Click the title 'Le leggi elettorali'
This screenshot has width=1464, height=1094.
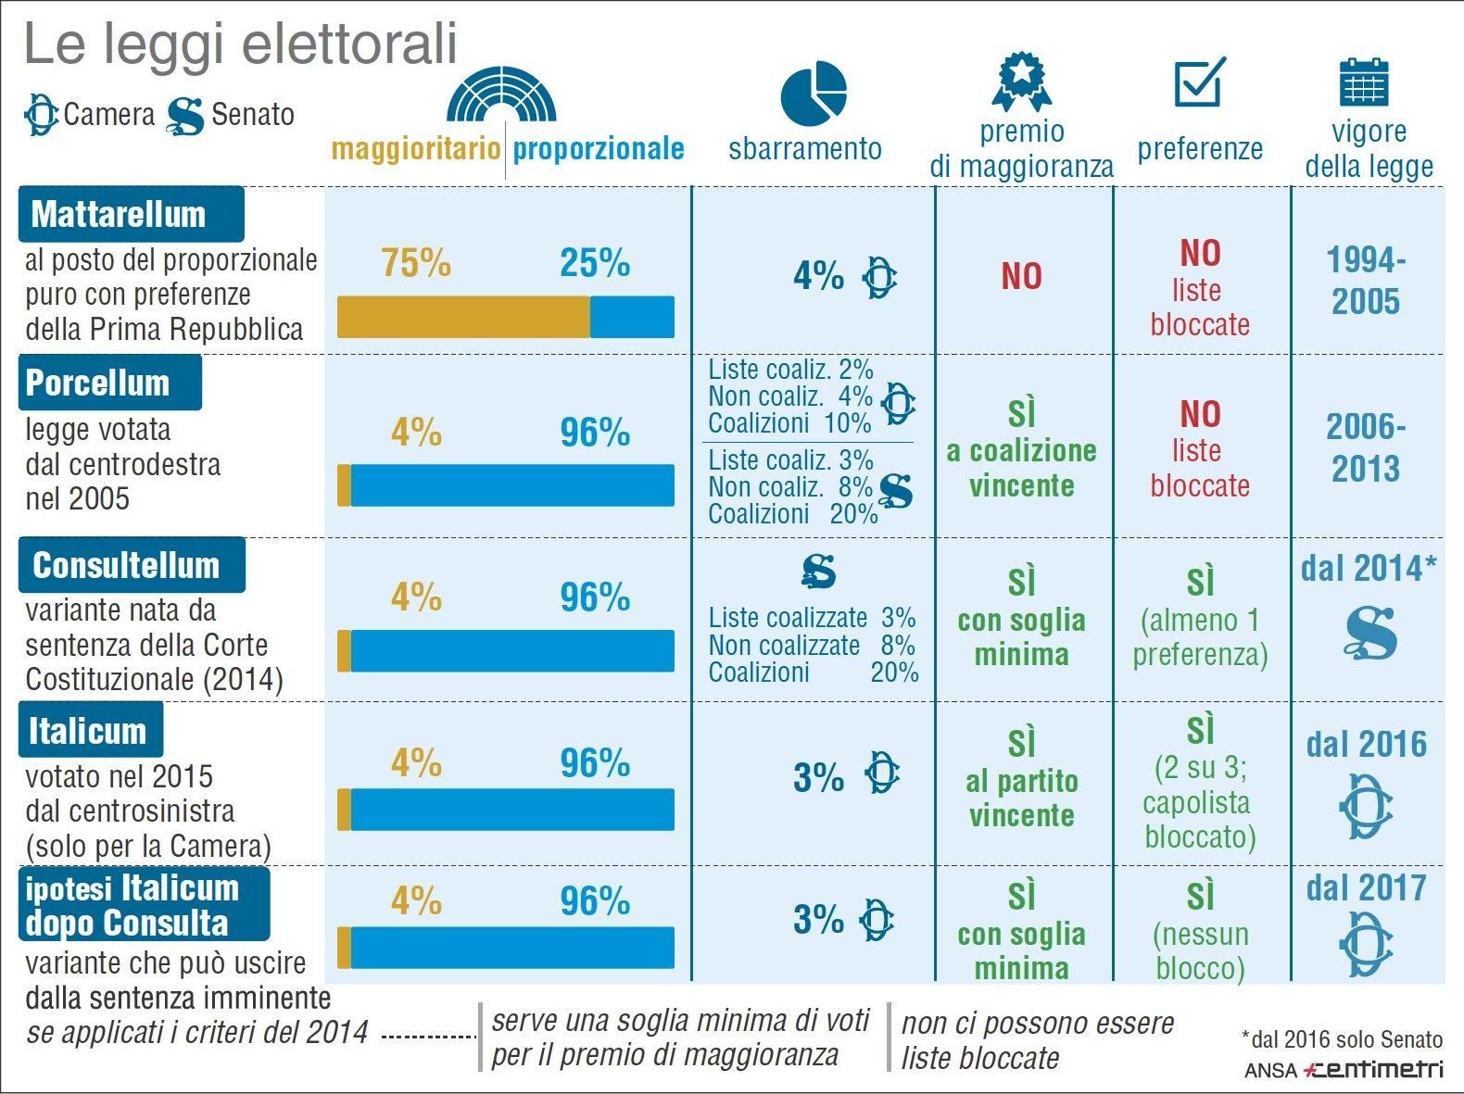pyautogui.click(x=240, y=44)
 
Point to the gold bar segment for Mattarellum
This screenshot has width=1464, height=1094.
pyautogui.click(x=462, y=317)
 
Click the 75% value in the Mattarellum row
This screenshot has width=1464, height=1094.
pyautogui.click(x=416, y=263)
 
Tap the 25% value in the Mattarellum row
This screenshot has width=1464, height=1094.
pyautogui.click(x=594, y=263)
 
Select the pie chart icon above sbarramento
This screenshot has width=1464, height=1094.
pyautogui.click(x=814, y=93)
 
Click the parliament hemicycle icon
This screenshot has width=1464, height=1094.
pyautogui.click(x=501, y=94)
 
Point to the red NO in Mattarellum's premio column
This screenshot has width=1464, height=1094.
pyautogui.click(x=1021, y=276)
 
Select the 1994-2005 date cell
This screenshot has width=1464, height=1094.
pyautogui.click(x=1366, y=281)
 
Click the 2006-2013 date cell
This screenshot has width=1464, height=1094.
pyautogui.click(x=1366, y=447)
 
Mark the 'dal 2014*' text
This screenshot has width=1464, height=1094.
pyautogui.click(x=1368, y=568)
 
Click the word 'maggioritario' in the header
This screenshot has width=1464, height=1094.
pyautogui.click(x=415, y=148)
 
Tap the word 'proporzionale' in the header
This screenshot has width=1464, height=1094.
pyautogui.click(x=599, y=148)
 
